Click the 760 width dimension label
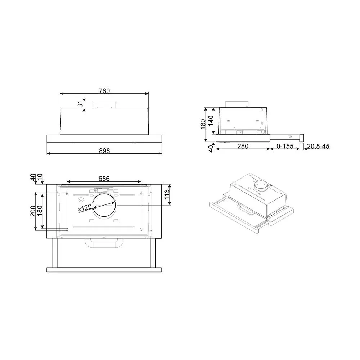tap(104, 91)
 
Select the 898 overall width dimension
tap(104, 151)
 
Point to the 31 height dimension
tap(80, 105)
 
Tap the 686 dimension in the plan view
tap(104, 179)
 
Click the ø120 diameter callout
tap(85, 208)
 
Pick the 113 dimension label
tap(167, 194)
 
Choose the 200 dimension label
tap(33, 211)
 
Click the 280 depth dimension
tap(243, 146)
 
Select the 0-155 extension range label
tap(285, 146)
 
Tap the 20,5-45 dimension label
tap(318, 146)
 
